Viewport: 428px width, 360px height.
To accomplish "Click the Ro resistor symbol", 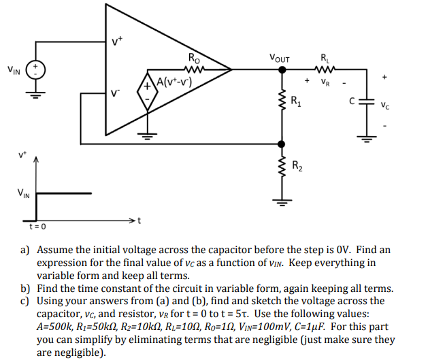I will click(195, 68).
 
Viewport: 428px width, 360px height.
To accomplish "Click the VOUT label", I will click(279, 59).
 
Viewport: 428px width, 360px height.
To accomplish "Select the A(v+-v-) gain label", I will click(176, 83).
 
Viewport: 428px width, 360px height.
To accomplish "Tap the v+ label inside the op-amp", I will click(116, 42).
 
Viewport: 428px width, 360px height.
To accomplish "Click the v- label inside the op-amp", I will click(116, 93).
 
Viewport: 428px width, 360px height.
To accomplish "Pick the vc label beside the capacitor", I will click(386, 105).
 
